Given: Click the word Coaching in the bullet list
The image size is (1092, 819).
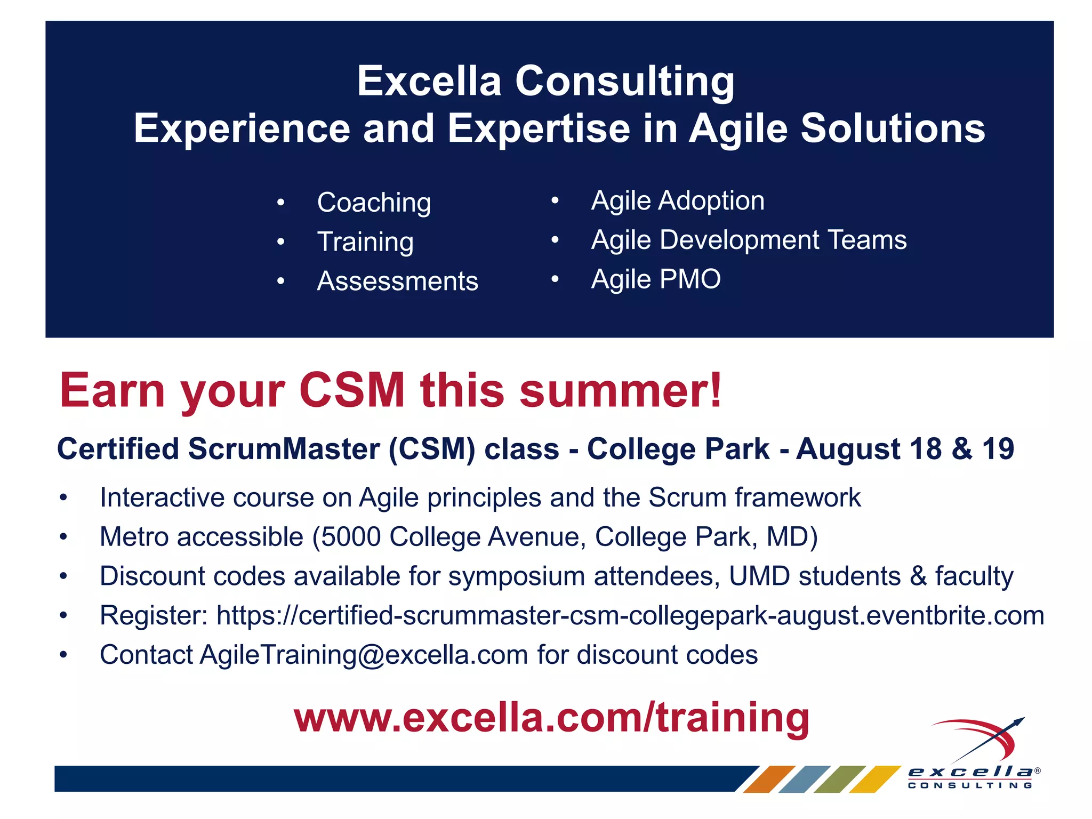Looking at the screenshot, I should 374,203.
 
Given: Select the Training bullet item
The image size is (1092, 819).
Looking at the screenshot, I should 365,242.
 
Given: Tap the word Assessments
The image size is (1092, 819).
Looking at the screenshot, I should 397,282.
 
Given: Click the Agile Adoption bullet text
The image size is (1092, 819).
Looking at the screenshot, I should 678,201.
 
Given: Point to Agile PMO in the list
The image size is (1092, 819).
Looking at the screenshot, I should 656,279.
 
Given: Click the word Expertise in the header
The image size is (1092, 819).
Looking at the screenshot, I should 539,129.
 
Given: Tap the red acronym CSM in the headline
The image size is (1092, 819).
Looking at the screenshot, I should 352,390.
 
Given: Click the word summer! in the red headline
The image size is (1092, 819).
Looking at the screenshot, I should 621,390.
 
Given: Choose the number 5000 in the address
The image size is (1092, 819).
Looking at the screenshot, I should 351,537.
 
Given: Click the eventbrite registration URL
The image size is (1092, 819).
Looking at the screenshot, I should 630,616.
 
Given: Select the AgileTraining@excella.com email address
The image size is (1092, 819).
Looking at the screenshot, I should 364,655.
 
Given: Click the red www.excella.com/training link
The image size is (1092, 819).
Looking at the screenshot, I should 551,718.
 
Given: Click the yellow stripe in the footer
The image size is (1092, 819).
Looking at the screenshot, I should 874,779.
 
